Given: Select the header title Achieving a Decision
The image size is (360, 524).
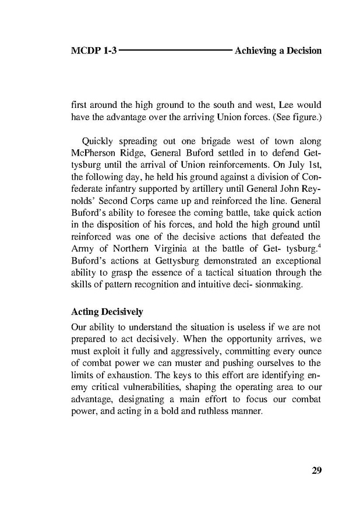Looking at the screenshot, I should tap(277, 51).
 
